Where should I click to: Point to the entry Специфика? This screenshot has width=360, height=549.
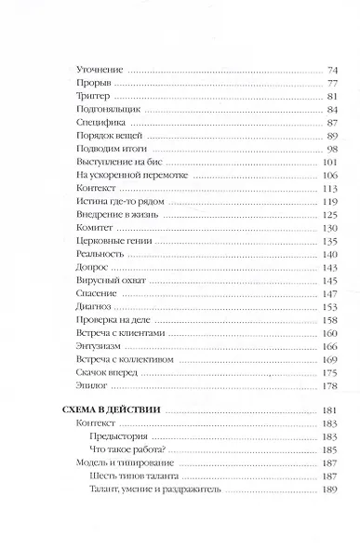coord(97,123)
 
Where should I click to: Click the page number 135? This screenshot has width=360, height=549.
coord(328,240)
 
